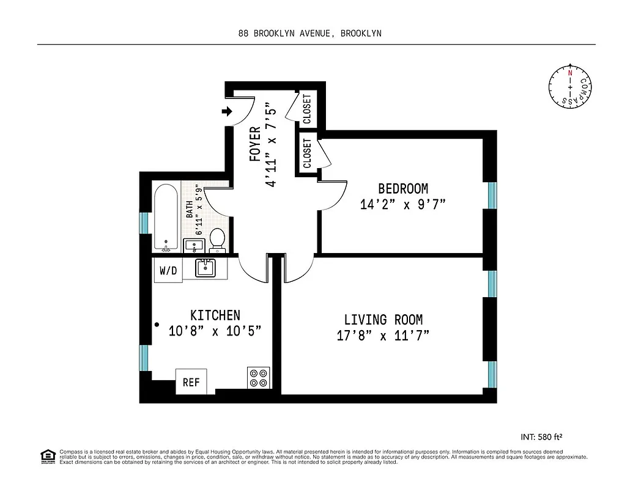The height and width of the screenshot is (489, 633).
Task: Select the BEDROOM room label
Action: click(402, 189)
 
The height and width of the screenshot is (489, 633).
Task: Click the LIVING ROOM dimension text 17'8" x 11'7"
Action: click(383, 336)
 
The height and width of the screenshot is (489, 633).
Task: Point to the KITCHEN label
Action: click(215, 315)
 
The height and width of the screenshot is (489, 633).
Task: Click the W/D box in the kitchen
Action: click(168, 271)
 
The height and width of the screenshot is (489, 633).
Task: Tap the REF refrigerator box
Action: click(191, 383)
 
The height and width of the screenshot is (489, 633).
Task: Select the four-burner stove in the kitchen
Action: click(259, 377)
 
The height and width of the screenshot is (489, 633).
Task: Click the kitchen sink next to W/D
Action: click(205, 267)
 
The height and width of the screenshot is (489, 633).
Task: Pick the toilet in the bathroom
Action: click(217, 240)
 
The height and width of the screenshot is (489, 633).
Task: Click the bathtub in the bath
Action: click(166, 218)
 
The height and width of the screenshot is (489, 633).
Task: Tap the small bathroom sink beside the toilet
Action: click(194, 246)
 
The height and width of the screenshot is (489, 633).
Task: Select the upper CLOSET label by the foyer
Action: click(307, 108)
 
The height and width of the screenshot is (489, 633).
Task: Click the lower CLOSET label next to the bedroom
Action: click(307, 153)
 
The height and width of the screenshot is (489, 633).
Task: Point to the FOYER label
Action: click(256, 144)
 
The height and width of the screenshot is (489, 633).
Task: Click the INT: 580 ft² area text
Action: click(540, 436)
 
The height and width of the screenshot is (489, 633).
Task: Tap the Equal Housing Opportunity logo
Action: click(46, 455)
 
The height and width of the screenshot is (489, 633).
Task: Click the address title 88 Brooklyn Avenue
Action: click(309, 34)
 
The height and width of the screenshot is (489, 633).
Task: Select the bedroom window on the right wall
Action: click(492, 195)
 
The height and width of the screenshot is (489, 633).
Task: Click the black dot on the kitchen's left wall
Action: click(157, 325)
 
